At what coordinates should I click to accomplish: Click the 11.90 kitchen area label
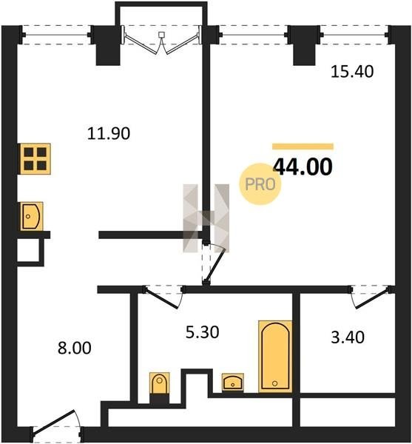pyautogui.click(x=109, y=133)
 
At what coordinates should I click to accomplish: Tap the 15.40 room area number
pyautogui.click(x=352, y=71)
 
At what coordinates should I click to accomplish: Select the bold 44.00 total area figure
pyautogui.click(x=303, y=166)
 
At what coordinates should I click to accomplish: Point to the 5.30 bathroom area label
pyautogui.click(x=203, y=332)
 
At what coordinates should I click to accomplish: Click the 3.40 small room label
pyautogui.click(x=348, y=337)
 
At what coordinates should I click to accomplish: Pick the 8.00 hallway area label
pyautogui.click(x=75, y=348)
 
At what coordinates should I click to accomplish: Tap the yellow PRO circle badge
pyautogui.click(x=260, y=184)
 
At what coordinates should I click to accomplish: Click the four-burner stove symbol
pyautogui.click(x=35, y=159)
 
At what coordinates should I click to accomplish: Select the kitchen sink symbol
pyautogui.click(x=31, y=216)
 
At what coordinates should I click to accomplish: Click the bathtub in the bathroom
pyautogui.click(x=275, y=357)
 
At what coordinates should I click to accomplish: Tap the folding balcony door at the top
pyautogui.click(x=161, y=40)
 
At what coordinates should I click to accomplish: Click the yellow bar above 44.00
pyautogui.click(x=303, y=147)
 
